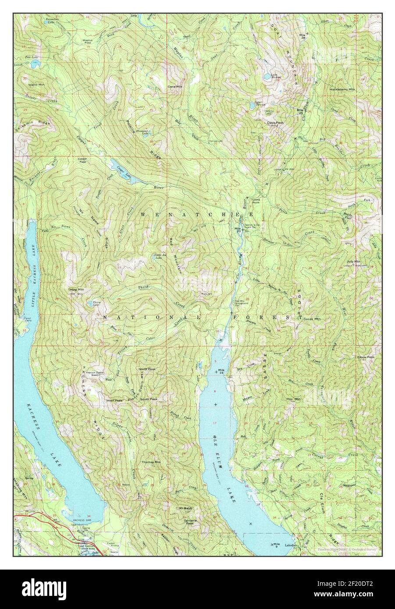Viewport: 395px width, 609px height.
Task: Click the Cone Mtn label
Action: pos(175,87)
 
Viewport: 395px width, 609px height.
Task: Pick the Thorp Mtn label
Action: pos(75,290)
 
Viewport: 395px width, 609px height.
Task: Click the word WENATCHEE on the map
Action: pos(196,214)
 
